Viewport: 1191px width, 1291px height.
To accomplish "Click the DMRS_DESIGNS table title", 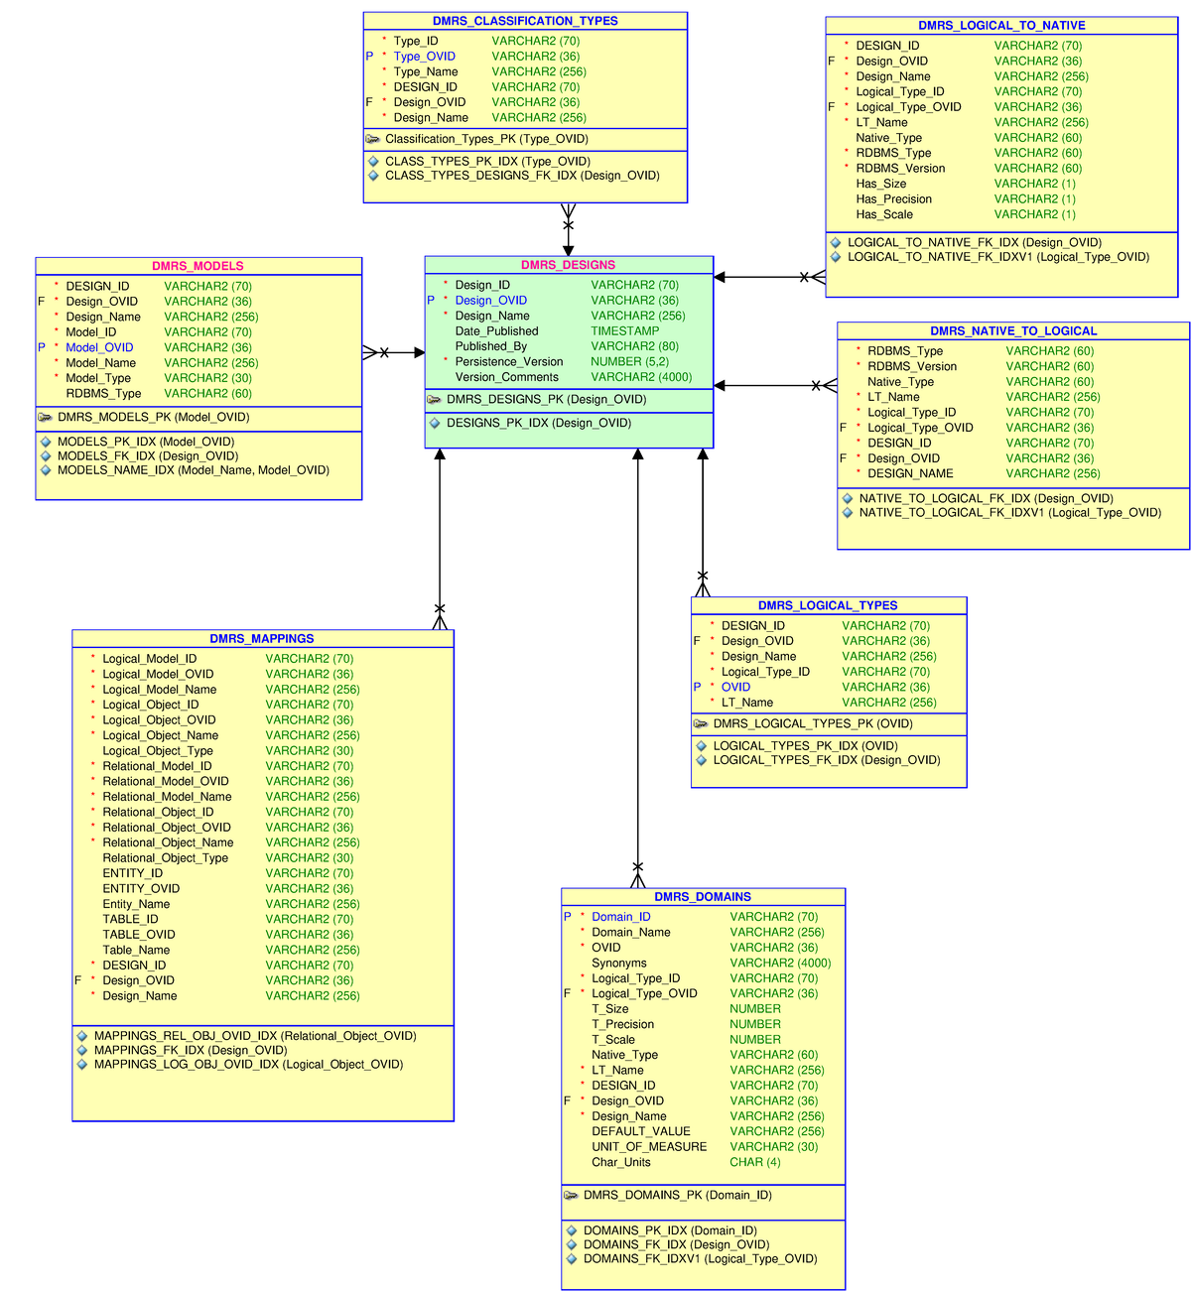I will click(568, 265).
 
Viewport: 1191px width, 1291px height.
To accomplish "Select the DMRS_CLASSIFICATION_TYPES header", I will click(525, 21).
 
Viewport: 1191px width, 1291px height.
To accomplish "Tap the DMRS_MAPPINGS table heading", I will click(262, 639).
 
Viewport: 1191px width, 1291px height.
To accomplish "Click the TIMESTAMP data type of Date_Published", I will click(624, 331).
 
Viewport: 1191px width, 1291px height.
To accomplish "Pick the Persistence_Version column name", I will click(508, 362).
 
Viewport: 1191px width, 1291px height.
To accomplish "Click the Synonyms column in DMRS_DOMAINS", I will click(618, 963).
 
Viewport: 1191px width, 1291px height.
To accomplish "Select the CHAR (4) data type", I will click(754, 1162).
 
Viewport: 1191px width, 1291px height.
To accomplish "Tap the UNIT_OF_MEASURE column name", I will click(649, 1146).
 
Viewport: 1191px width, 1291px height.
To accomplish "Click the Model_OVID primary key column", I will click(99, 347).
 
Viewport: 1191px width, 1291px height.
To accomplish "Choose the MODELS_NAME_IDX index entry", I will click(193, 470).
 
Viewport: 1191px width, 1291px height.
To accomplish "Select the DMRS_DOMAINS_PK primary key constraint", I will click(677, 1195).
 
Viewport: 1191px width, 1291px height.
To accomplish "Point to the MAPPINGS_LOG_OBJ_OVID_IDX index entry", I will click(248, 1064).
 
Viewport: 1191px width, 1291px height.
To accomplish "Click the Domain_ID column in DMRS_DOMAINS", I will click(621, 917).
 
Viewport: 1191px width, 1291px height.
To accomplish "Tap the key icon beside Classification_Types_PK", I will click(373, 139).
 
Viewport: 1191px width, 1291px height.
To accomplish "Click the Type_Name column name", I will click(426, 71).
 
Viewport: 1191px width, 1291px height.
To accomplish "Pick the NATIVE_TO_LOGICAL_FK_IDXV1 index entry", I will click(1009, 513).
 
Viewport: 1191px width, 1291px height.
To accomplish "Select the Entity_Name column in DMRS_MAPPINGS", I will click(136, 904).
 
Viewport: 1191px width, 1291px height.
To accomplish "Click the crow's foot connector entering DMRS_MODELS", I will click(371, 352).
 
